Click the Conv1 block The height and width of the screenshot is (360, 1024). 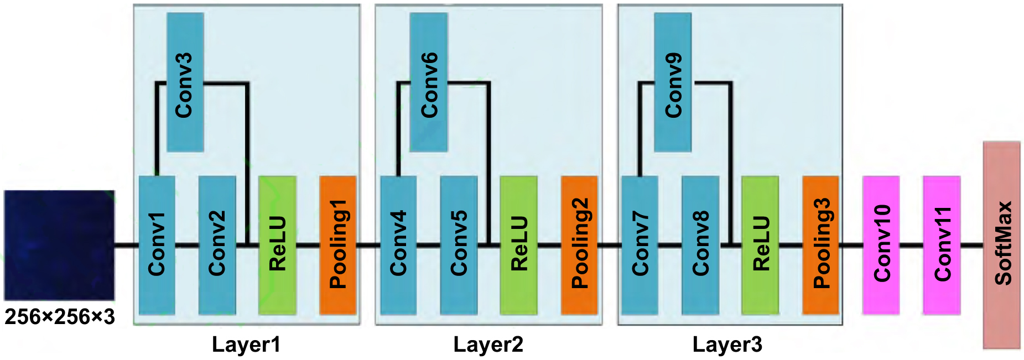click(x=157, y=245)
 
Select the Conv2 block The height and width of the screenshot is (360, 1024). click(x=217, y=245)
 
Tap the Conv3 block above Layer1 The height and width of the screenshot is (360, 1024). click(x=185, y=82)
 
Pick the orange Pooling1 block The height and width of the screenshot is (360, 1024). click(x=337, y=245)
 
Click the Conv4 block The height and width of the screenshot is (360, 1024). click(x=398, y=245)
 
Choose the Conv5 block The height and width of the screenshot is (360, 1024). click(x=459, y=245)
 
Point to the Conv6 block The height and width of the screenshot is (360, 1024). click(x=428, y=82)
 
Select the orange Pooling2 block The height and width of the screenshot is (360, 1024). click(x=579, y=245)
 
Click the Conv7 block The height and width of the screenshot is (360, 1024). click(x=640, y=245)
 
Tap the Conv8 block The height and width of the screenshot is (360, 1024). click(x=700, y=245)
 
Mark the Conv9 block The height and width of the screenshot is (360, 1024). click(x=673, y=82)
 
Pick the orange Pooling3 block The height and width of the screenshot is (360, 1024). click(x=821, y=245)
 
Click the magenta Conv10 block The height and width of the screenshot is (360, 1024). click(x=881, y=245)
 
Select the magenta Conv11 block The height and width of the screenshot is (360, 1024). click(x=942, y=245)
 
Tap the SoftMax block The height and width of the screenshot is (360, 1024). click(x=1002, y=245)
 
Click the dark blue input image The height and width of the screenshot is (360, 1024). click(x=59, y=245)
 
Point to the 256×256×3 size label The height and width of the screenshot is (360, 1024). click(x=60, y=317)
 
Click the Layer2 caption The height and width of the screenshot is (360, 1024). click(x=488, y=345)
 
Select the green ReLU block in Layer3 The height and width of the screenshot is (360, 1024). click(x=760, y=245)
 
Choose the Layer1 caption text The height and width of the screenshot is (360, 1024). click(x=246, y=345)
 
